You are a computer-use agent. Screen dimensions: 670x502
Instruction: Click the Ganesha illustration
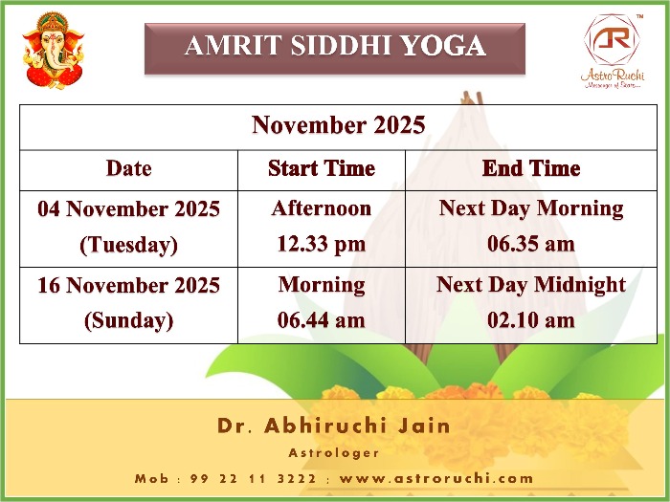pyautogui.click(x=53, y=51)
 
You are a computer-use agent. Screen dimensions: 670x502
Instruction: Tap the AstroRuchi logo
pyautogui.click(x=613, y=52)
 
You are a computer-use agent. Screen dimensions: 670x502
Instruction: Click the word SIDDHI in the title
pyautogui.click(x=341, y=45)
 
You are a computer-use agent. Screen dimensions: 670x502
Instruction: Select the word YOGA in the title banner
pyautogui.click(x=443, y=45)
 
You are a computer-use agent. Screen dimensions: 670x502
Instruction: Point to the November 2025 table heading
pyautogui.click(x=339, y=124)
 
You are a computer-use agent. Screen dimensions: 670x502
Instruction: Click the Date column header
pyautogui.click(x=128, y=168)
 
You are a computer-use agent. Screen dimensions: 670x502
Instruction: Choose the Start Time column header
pyautogui.click(x=322, y=168)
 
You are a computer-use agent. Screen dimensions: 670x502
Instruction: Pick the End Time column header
pyautogui.click(x=531, y=168)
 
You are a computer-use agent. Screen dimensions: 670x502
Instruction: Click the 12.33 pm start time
pyautogui.click(x=322, y=245)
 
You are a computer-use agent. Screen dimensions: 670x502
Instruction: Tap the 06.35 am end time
pyautogui.click(x=531, y=244)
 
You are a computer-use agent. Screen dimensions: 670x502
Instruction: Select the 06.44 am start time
pyautogui.click(x=322, y=320)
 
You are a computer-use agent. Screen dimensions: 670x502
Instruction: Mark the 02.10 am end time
pyautogui.click(x=531, y=320)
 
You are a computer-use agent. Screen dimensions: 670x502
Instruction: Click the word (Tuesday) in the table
pyautogui.click(x=128, y=245)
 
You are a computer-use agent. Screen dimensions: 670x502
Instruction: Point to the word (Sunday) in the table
pyautogui.click(x=128, y=321)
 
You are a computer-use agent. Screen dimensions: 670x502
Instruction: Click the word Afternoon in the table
pyautogui.click(x=322, y=208)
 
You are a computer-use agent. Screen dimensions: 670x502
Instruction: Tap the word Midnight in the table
pyautogui.click(x=580, y=285)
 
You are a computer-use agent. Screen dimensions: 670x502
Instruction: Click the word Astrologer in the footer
pyautogui.click(x=334, y=453)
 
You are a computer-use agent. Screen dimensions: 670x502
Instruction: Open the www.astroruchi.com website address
pyautogui.click(x=436, y=478)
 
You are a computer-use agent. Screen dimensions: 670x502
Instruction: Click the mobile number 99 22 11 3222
pyautogui.click(x=253, y=478)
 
